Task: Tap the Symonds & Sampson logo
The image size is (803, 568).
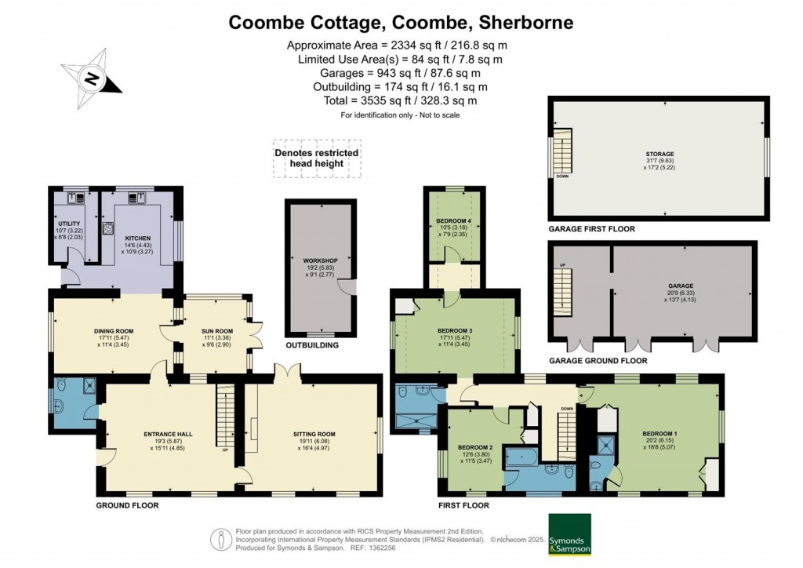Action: tap(570, 534)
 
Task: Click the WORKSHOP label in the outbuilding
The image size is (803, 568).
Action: tap(320, 260)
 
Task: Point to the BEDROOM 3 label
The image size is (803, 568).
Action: tap(456, 331)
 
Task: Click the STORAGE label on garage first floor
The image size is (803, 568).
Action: tap(666, 154)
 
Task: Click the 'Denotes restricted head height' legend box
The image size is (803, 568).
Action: tap(317, 158)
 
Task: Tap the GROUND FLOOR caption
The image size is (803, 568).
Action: tap(127, 505)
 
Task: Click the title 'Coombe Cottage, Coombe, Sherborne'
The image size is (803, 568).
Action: tap(401, 22)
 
